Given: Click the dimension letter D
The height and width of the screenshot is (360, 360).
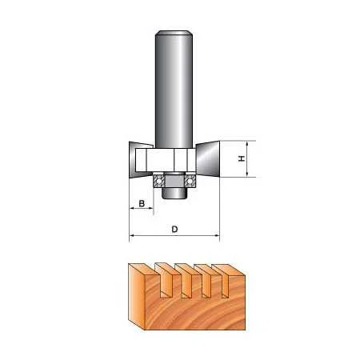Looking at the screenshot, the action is pyautogui.click(x=174, y=229).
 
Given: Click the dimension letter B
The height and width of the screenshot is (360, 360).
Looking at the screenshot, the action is pyautogui.click(x=142, y=203).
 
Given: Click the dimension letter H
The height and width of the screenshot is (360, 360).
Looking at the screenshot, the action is pyautogui.click(x=242, y=158).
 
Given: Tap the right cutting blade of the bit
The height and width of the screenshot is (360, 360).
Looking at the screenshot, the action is pyautogui.click(x=208, y=159).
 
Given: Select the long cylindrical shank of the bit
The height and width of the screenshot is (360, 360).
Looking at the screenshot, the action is pyautogui.click(x=174, y=90).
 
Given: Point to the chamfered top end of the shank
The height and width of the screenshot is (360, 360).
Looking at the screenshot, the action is pyautogui.click(x=174, y=33).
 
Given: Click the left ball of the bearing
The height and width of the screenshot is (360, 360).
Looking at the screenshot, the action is pyautogui.click(x=159, y=182).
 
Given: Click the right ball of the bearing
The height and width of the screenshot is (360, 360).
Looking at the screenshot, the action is pyautogui.click(x=190, y=182).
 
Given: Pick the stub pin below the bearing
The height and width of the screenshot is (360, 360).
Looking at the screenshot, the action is pyautogui.click(x=174, y=192).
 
